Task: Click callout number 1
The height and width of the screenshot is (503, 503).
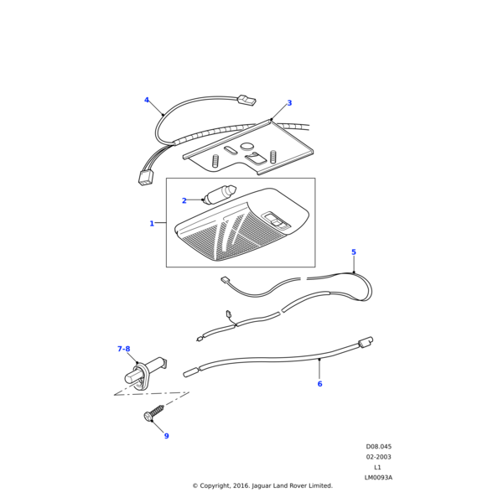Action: (x=152, y=223)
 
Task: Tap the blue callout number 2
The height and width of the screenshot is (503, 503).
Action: (x=184, y=200)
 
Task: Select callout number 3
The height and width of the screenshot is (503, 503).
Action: (x=289, y=103)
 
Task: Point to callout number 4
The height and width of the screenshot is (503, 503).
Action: (x=147, y=100)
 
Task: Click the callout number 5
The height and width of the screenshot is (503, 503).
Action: (x=354, y=252)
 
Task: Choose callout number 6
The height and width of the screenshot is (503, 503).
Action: (x=320, y=384)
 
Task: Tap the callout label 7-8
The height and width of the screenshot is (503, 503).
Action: (x=124, y=349)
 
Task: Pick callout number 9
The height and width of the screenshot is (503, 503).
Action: (x=167, y=436)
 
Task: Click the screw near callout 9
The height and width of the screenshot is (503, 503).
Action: (x=153, y=412)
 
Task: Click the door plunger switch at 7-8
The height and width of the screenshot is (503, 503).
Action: (x=146, y=373)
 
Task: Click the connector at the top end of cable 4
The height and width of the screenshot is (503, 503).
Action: (x=246, y=100)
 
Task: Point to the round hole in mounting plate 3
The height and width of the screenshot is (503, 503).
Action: (x=247, y=146)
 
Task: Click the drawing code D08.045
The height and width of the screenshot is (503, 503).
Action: (x=379, y=447)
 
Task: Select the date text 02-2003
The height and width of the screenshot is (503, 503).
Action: (x=379, y=457)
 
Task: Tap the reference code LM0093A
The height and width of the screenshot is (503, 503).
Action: (x=378, y=477)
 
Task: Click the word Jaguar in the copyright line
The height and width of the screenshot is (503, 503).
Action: (x=262, y=485)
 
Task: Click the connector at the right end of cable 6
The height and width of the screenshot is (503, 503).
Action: (x=366, y=342)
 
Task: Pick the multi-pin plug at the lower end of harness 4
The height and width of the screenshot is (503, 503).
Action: (x=146, y=178)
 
